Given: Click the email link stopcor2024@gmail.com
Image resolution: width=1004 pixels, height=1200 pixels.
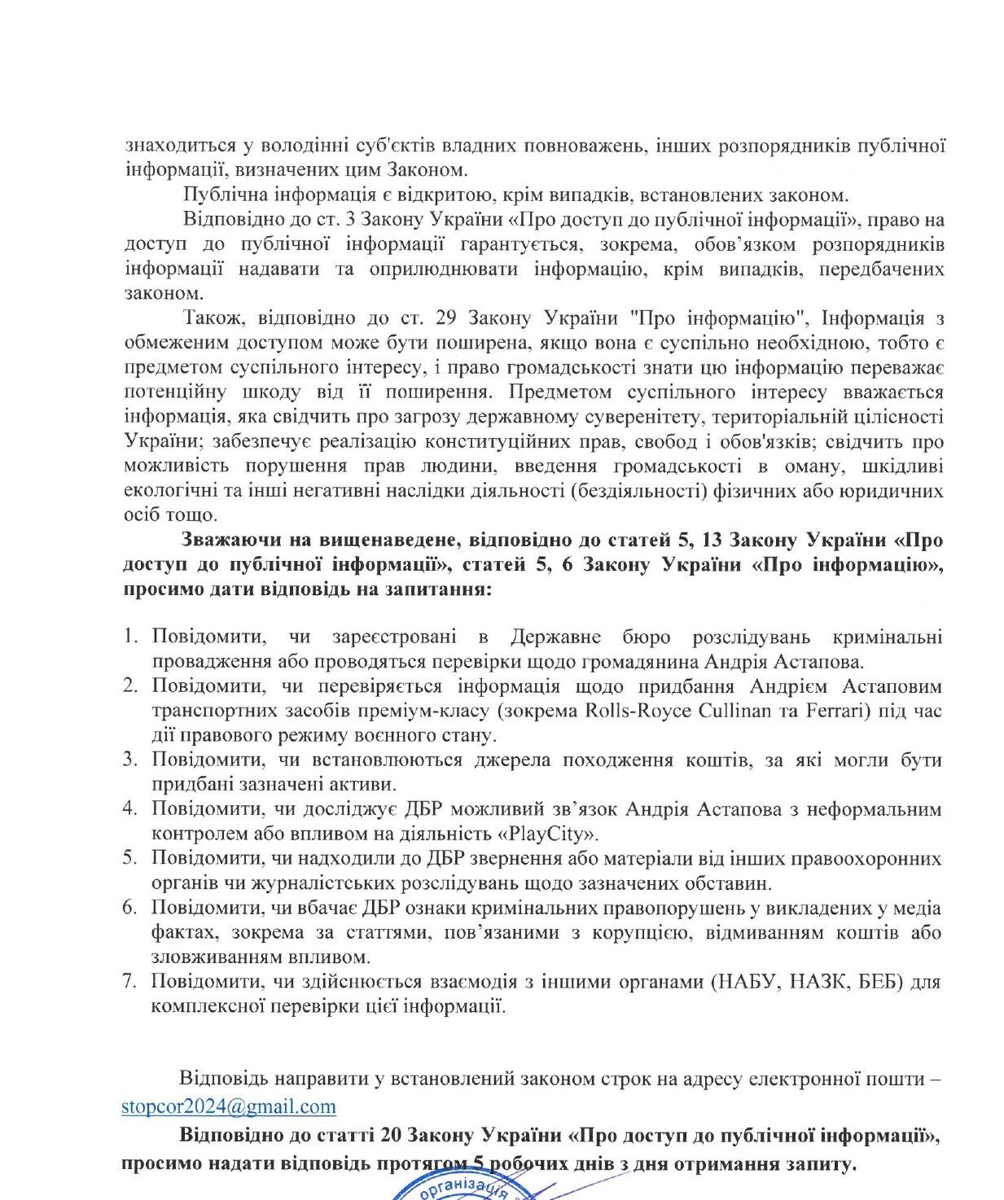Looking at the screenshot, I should pyautogui.click(x=228, y=1106).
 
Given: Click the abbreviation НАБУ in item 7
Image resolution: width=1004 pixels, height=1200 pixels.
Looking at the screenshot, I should pyautogui.click(x=743, y=982).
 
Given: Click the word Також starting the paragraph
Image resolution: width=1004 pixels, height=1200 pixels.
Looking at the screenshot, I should pyautogui.click(x=208, y=318).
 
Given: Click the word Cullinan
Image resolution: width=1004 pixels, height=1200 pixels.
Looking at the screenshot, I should pyautogui.click(x=736, y=710).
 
